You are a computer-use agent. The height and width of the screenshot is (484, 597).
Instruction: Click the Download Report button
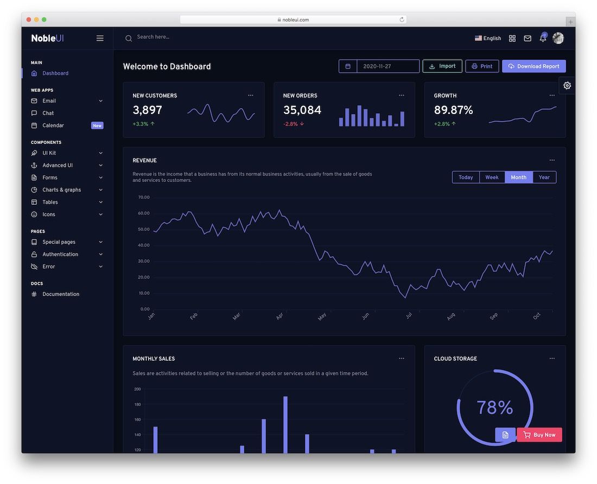pos(534,66)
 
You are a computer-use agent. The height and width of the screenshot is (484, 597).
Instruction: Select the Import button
pos(442,66)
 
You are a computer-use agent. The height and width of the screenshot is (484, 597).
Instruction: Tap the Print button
pos(482,66)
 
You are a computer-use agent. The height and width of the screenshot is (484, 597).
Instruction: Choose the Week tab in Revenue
pos(492,177)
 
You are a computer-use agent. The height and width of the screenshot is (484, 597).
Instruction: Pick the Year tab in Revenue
pos(544,177)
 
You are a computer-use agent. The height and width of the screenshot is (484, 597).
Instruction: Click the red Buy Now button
pos(539,435)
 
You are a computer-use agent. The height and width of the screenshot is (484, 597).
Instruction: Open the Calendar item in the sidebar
pos(53,125)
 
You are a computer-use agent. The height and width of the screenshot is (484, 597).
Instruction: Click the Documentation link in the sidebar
pos(61,294)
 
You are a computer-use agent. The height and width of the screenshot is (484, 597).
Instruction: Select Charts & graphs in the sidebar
pos(62,190)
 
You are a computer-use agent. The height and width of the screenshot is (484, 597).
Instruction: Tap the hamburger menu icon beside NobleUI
pos(100,38)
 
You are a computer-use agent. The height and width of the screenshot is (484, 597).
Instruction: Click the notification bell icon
pos(543,38)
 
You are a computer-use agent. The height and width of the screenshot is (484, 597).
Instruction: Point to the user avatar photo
pos(558,38)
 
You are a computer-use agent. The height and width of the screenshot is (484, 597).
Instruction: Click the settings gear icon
pos(567,85)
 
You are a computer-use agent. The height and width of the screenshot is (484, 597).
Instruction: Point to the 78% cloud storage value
pos(494,407)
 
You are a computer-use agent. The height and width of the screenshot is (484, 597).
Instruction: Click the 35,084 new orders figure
pos(302,110)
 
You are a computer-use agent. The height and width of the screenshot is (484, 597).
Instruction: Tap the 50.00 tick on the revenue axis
pos(144,229)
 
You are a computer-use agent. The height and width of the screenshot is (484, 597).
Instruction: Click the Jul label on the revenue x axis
pos(409,316)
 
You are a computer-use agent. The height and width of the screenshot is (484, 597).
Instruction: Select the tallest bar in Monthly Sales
pos(285,425)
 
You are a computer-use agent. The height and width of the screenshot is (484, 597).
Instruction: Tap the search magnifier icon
pos(129,38)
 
